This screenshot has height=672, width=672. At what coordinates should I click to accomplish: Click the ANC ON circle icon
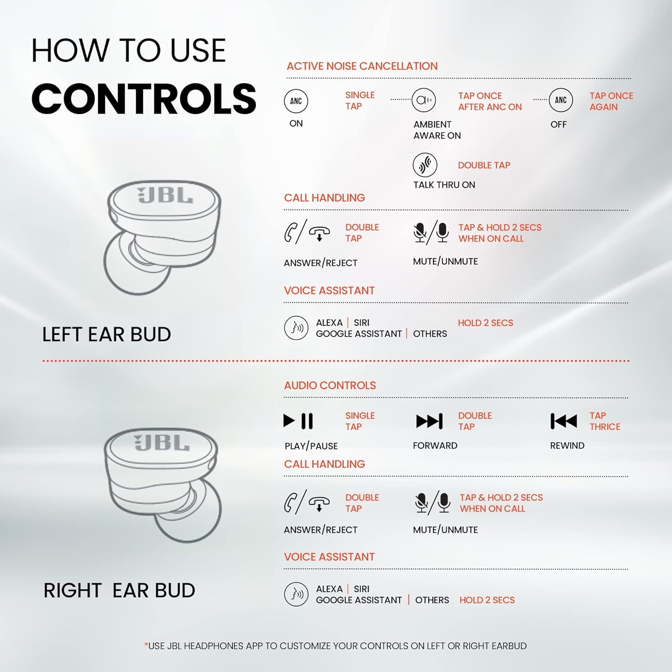click(x=296, y=101)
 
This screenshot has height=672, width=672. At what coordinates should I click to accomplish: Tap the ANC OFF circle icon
click(x=561, y=100)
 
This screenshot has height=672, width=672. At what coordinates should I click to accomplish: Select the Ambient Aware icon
click(x=424, y=100)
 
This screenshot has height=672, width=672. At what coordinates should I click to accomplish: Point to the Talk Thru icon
click(x=425, y=165)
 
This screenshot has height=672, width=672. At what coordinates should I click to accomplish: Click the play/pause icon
click(x=298, y=421)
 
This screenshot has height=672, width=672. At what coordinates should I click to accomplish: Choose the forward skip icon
click(x=430, y=421)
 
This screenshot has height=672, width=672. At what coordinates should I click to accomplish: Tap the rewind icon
click(x=564, y=421)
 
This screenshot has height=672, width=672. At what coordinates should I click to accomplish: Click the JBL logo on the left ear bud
click(x=165, y=195)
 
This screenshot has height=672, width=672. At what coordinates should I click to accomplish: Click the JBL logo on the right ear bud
click(x=162, y=443)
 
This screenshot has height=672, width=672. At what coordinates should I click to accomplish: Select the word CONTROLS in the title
click(x=144, y=99)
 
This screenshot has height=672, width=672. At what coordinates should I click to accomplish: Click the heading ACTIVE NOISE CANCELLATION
click(x=362, y=66)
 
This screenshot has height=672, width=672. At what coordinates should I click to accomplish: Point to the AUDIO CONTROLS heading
click(x=330, y=385)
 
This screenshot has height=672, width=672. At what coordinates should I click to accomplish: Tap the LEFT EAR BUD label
click(x=107, y=334)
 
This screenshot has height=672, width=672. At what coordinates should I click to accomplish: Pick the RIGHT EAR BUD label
click(x=119, y=590)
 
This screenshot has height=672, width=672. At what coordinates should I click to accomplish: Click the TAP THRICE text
click(x=605, y=421)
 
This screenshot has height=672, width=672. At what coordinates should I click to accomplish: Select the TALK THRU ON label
click(x=444, y=185)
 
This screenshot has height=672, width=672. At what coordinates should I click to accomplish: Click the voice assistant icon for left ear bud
click(x=296, y=328)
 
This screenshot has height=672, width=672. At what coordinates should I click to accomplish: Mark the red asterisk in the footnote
click(x=146, y=644)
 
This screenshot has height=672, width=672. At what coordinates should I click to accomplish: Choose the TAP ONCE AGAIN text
click(x=611, y=101)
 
